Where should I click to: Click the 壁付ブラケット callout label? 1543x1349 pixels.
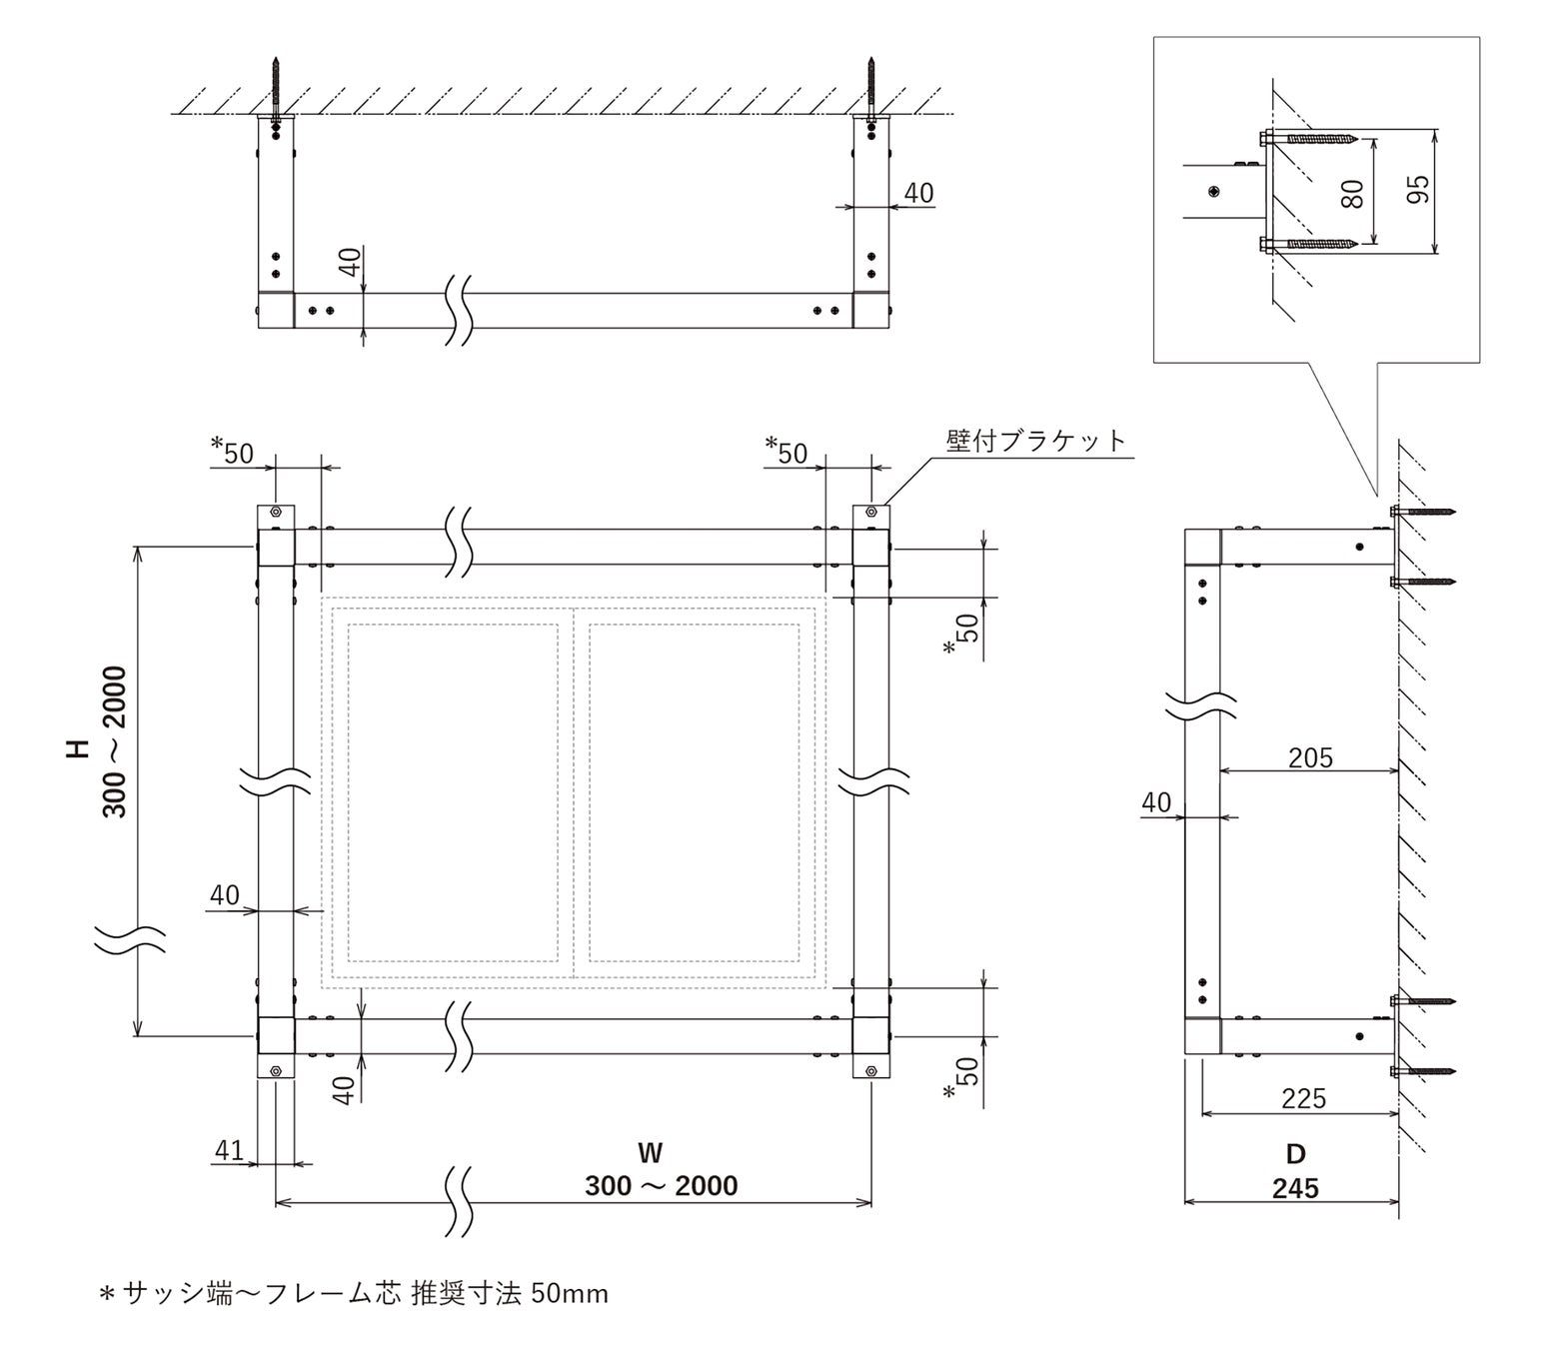click(1035, 441)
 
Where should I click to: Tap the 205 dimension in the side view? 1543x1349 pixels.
click(1310, 757)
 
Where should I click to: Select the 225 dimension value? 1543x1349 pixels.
click(1304, 1099)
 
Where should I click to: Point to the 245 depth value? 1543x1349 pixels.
click(1295, 1189)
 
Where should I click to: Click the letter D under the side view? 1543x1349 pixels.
click(1295, 1154)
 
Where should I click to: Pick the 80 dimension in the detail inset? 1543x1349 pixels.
click(1353, 192)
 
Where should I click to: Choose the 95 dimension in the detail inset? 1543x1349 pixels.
click(1417, 189)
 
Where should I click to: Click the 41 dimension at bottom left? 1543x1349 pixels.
click(229, 1150)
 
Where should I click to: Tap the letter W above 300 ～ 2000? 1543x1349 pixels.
click(650, 1153)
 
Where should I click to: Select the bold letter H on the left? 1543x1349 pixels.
click(78, 749)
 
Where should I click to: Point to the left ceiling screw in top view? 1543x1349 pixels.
click(276, 95)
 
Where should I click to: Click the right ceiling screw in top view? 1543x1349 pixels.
click(871, 95)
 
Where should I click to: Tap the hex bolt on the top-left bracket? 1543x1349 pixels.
click(276, 514)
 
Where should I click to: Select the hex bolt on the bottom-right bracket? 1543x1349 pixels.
click(871, 1071)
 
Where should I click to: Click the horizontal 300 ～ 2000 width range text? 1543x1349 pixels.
click(661, 1186)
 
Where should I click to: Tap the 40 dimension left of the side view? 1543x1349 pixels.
click(1156, 802)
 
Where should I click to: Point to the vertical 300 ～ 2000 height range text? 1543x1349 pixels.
click(114, 741)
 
